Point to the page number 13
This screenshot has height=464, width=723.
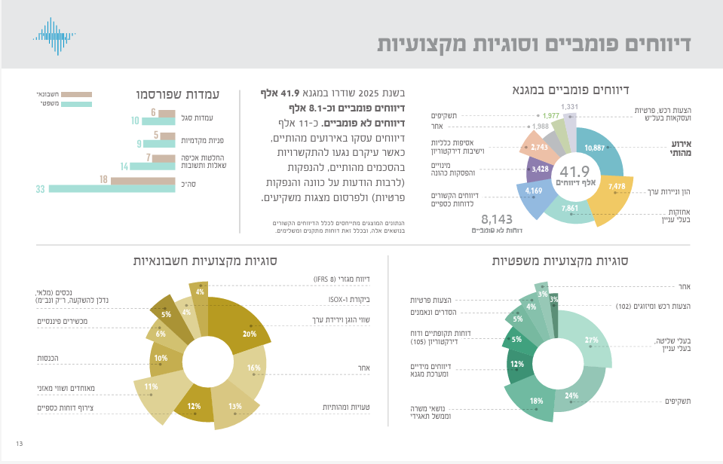tap(19, 443)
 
